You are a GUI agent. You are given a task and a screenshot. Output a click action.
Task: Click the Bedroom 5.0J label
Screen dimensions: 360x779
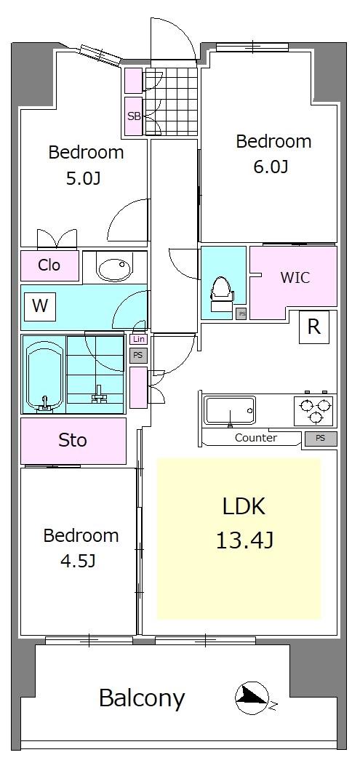point(86,164)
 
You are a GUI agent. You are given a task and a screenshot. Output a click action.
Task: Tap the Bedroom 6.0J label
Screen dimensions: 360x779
point(273,153)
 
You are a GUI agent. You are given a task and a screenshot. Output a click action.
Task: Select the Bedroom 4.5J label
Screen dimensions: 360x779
point(81,548)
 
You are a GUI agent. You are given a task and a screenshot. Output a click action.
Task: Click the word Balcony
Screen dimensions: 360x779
point(142,698)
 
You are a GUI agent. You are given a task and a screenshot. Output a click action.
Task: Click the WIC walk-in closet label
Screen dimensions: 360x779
point(295,277)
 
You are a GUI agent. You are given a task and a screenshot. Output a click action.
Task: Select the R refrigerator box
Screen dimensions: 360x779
point(314,327)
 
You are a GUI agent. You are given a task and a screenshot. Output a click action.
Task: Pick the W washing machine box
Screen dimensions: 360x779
point(40,305)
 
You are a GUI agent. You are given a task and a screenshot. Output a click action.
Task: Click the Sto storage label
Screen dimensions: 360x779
point(73,440)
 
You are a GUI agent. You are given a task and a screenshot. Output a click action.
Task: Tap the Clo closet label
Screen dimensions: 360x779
point(49,265)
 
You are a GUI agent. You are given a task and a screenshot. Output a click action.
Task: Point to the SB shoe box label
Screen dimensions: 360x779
point(134,117)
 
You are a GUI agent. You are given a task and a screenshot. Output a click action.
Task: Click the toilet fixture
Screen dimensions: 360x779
point(222,295)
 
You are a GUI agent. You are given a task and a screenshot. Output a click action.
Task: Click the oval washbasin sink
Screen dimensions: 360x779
point(115,269)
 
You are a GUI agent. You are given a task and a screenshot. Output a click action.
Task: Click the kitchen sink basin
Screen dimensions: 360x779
point(230,410)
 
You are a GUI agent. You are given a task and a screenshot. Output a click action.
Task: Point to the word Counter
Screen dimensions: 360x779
point(256,438)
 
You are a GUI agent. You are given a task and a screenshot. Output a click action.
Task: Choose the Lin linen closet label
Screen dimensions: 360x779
point(138,340)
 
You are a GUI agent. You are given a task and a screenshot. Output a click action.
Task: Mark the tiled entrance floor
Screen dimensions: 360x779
point(171,101)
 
